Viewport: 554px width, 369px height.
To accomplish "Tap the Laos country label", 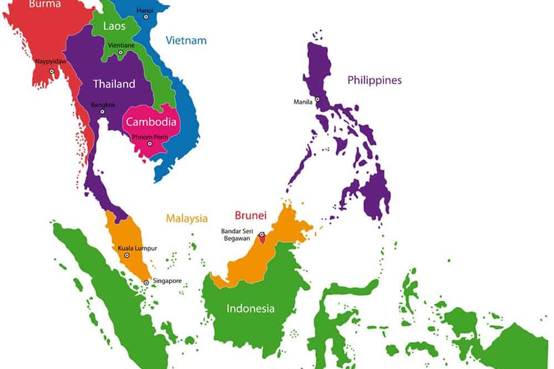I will [114, 26].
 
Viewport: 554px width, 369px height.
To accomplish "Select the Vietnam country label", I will [186, 40].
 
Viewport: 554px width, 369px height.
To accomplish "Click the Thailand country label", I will [114, 84].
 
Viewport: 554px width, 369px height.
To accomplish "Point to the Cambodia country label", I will [151, 122].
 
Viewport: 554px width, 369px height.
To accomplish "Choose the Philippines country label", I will [375, 80].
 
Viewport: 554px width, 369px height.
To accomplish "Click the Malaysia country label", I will [187, 218].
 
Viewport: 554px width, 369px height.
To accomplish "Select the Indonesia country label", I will [250, 309].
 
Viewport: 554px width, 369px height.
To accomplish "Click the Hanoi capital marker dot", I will [146, 17].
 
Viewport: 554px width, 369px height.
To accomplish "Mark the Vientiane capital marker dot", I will [121, 53].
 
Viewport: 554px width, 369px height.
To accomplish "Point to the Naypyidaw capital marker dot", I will [52, 71].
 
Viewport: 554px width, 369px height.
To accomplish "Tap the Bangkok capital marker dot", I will [102, 111].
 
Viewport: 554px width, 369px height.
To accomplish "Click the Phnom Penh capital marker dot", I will [149, 144].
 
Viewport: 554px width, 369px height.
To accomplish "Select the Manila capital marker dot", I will [317, 100].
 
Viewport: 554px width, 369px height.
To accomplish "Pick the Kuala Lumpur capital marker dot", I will [127, 255].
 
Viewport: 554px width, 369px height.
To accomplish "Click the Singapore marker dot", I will [146, 283].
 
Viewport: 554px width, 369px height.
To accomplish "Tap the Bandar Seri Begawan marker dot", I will [261, 234].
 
